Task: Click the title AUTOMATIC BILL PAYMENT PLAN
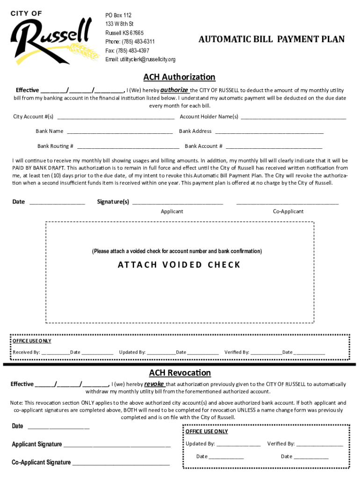pos(271,39)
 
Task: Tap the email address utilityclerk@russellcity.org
pos(140,59)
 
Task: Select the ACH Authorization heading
pos(179,77)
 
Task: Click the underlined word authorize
pos(174,90)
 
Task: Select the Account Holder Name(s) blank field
pos(293,117)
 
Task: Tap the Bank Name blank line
pos(120,132)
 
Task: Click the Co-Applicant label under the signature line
pos(288,211)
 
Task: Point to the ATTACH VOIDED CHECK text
pos(179,265)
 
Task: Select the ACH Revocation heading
pos(180,373)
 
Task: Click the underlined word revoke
pos(154,384)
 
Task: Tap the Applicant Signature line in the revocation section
pos(117,445)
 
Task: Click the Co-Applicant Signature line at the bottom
pos(121,463)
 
